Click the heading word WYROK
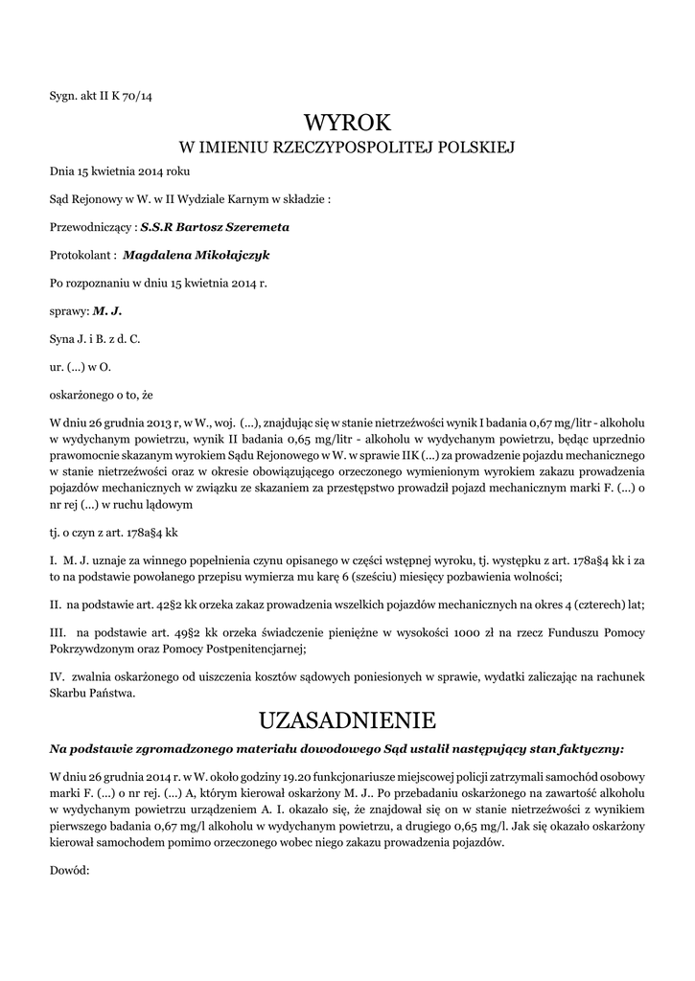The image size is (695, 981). click(x=347, y=123)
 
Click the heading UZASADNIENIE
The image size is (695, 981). click(x=347, y=719)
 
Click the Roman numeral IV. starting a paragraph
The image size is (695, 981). click(x=57, y=676)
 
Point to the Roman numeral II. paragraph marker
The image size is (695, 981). click(x=55, y=606)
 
